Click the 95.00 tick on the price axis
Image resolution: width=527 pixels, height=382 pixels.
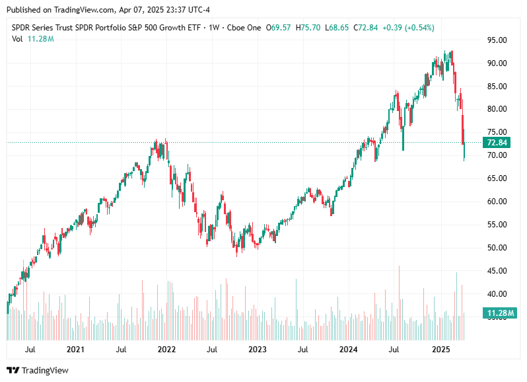[x=497, y=40]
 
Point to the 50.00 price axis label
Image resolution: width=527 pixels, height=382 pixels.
[x=497, y=248]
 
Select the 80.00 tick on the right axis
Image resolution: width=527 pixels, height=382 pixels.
[x=497, y=109]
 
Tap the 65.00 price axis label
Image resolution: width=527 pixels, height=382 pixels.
[x=497, y=178]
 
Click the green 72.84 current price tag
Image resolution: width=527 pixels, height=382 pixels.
[x=496, y=143]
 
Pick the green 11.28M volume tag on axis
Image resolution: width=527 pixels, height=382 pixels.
[x=496, y=313]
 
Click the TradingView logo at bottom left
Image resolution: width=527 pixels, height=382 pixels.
[x=38, y=371]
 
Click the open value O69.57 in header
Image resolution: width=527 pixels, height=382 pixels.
[x=278, y=28]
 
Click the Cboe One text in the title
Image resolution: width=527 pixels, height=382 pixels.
[x=244, y=28]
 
